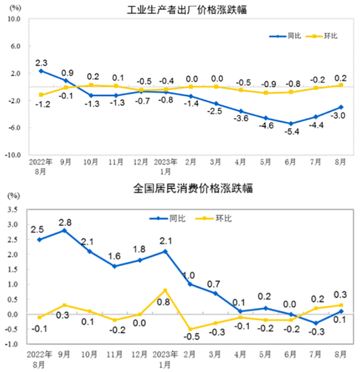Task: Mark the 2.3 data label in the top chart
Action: click(x=41, y=62)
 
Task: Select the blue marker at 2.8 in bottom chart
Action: click(x=65, y=230)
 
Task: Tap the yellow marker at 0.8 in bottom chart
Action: click(x=165, y=290)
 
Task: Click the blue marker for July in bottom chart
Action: click(x=317, y=323)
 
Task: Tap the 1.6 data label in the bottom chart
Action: click(x=115, y=256)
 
